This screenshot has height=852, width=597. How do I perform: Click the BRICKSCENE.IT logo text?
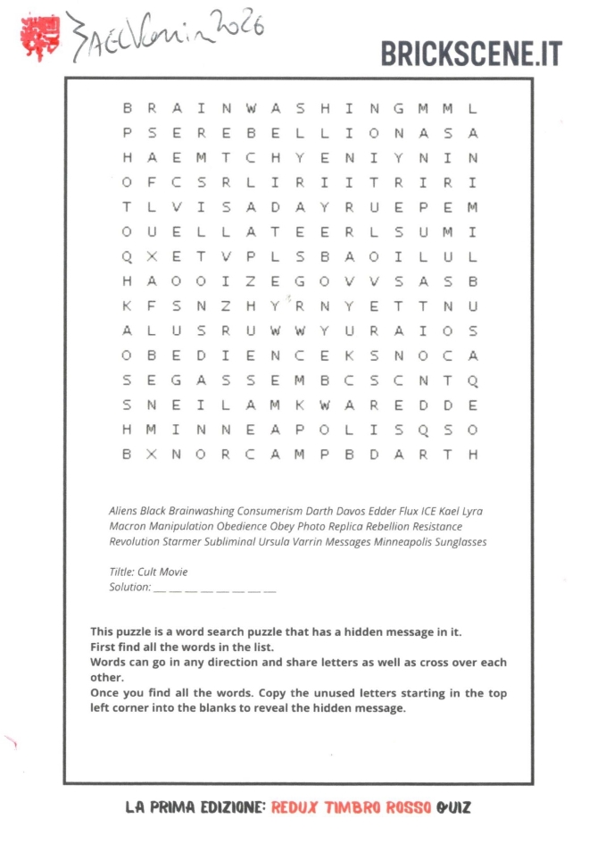pos(471,53)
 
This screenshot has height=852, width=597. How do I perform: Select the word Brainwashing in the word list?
pos(201,512)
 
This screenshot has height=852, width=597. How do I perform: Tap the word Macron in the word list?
pos(127,527)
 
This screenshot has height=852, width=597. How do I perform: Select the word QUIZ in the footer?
pos(453,807)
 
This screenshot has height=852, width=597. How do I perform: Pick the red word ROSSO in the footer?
pos(408,807)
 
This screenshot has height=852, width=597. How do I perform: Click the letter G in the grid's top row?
pos(398,109)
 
